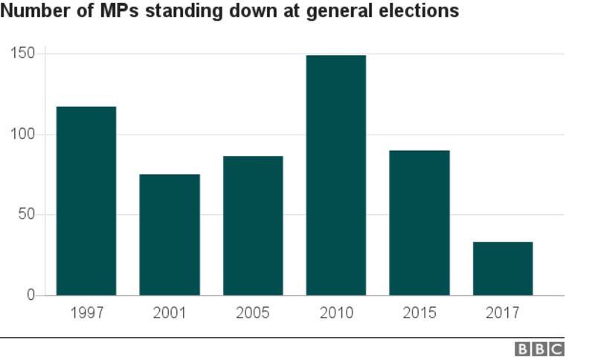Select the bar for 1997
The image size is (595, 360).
click(86, 201)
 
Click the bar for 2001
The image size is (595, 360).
click(170, 234)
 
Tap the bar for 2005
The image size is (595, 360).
click(253, 225)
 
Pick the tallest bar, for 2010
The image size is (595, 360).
click(336, 175)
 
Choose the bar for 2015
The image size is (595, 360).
click(419, 222)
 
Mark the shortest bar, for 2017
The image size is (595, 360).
click(503, 269)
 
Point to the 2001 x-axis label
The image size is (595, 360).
click(170, 312)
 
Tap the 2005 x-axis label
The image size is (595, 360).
click(253, 312)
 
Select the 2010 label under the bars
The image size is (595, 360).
click(336, 312)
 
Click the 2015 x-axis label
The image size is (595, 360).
click(419, 312)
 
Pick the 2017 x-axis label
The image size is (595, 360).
click(503, 312)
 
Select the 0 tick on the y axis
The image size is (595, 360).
click(30, 295)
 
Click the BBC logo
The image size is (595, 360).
click(539, 348)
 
